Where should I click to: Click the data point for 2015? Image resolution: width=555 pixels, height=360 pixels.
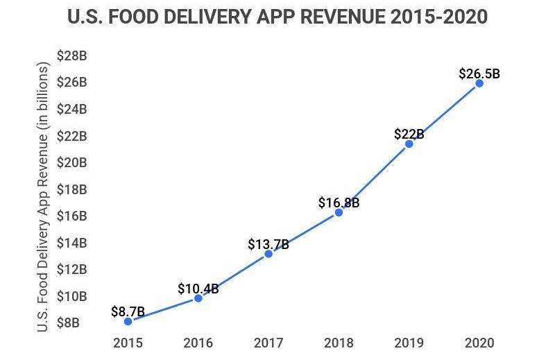click(128, 321)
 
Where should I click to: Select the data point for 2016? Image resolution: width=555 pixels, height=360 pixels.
click(198, 298)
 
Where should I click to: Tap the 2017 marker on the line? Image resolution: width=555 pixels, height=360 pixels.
click(268, 254)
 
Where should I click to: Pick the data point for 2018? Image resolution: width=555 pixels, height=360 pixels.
click(339, 212)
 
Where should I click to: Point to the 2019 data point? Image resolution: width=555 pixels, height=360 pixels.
click(409, 144)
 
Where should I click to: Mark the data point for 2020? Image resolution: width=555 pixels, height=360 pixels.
click(479, 83)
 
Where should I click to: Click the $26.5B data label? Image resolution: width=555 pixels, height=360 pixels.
click(479, 73)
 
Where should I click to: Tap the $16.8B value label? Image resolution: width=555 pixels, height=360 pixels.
click(339, 203)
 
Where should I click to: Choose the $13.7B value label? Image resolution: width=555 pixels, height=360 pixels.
click(268, 244)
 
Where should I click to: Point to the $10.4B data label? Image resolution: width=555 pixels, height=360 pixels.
click(198, 289)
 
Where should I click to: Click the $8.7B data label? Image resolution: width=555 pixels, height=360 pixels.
click(128, 311)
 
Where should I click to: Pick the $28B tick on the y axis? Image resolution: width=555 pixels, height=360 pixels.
click(71, 55)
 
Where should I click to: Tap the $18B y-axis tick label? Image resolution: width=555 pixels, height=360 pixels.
click(71, 189)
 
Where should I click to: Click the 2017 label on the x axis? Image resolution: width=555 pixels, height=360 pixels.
click(268, 343)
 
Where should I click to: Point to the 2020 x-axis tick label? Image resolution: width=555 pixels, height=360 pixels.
click(479, 343)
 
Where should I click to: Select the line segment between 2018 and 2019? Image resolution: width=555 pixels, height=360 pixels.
click(374, 178)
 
